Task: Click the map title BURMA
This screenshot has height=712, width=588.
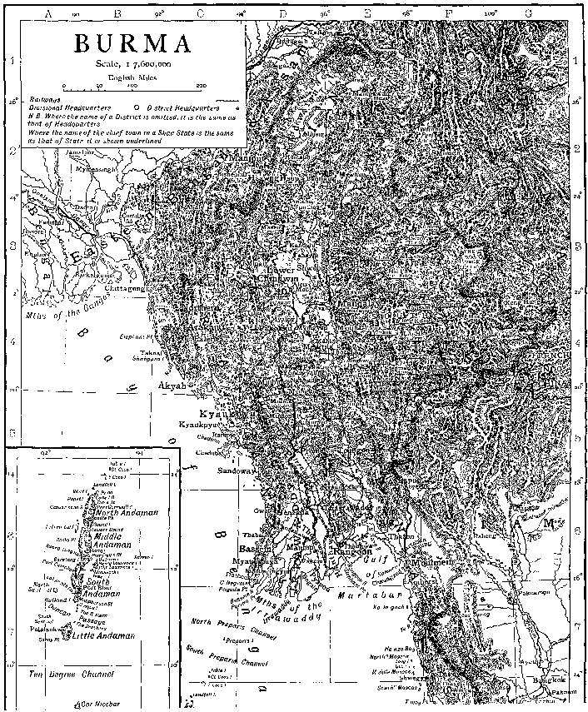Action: coord(134,43)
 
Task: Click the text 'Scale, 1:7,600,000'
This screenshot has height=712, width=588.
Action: coord(134,64)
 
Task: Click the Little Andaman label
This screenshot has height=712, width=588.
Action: coord(104,635)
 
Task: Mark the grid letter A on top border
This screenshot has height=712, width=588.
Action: coord(48,13)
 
